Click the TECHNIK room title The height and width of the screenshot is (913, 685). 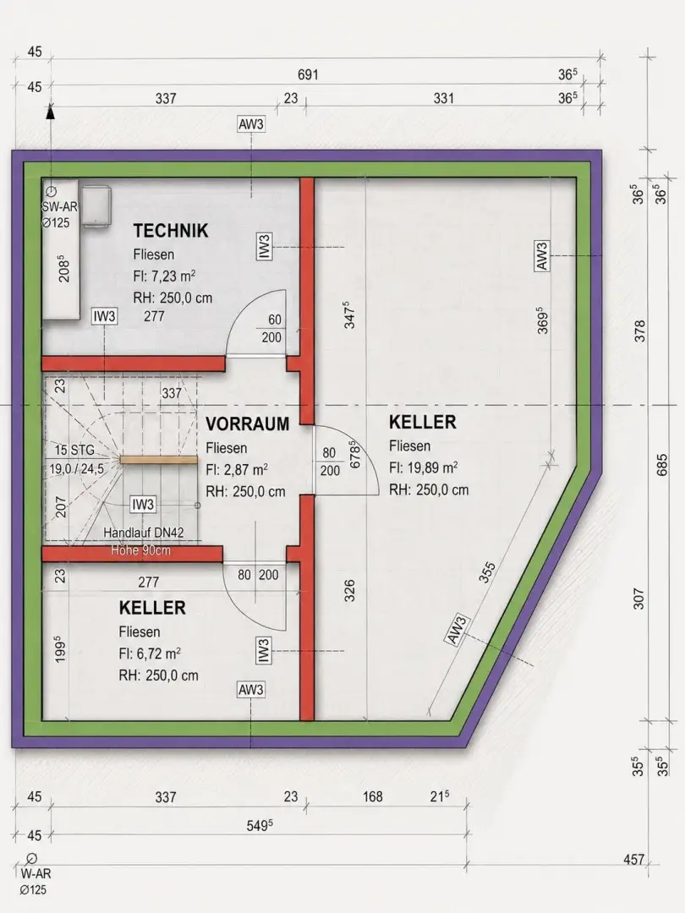click(171, 231)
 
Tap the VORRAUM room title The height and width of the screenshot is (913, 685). click(248, 424)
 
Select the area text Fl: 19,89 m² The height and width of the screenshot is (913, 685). click(424, 467)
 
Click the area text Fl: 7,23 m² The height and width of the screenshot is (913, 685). click(164, 276)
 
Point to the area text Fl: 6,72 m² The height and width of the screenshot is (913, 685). click(150, 653)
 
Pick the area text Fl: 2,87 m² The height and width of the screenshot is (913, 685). click(237, 469)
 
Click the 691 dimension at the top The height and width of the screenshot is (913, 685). click(308, 74)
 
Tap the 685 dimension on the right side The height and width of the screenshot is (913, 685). click(662, 465)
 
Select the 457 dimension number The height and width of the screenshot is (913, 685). click(633, 859)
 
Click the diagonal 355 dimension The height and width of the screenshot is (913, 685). click(487, 571)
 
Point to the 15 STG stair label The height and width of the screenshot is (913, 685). click(74, 450)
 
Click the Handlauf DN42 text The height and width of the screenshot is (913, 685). click(143, 533)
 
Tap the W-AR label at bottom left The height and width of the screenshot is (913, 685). click(36, 873)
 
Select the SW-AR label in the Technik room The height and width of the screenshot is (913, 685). click(59, 207)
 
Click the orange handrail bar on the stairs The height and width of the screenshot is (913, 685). click(158, 459)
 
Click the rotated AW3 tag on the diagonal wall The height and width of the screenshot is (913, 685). click(458, 630)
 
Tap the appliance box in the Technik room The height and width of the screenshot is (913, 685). click(96, 205)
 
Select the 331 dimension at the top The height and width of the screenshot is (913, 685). click(443, 98)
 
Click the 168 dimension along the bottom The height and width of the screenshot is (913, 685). click(373, 796)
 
